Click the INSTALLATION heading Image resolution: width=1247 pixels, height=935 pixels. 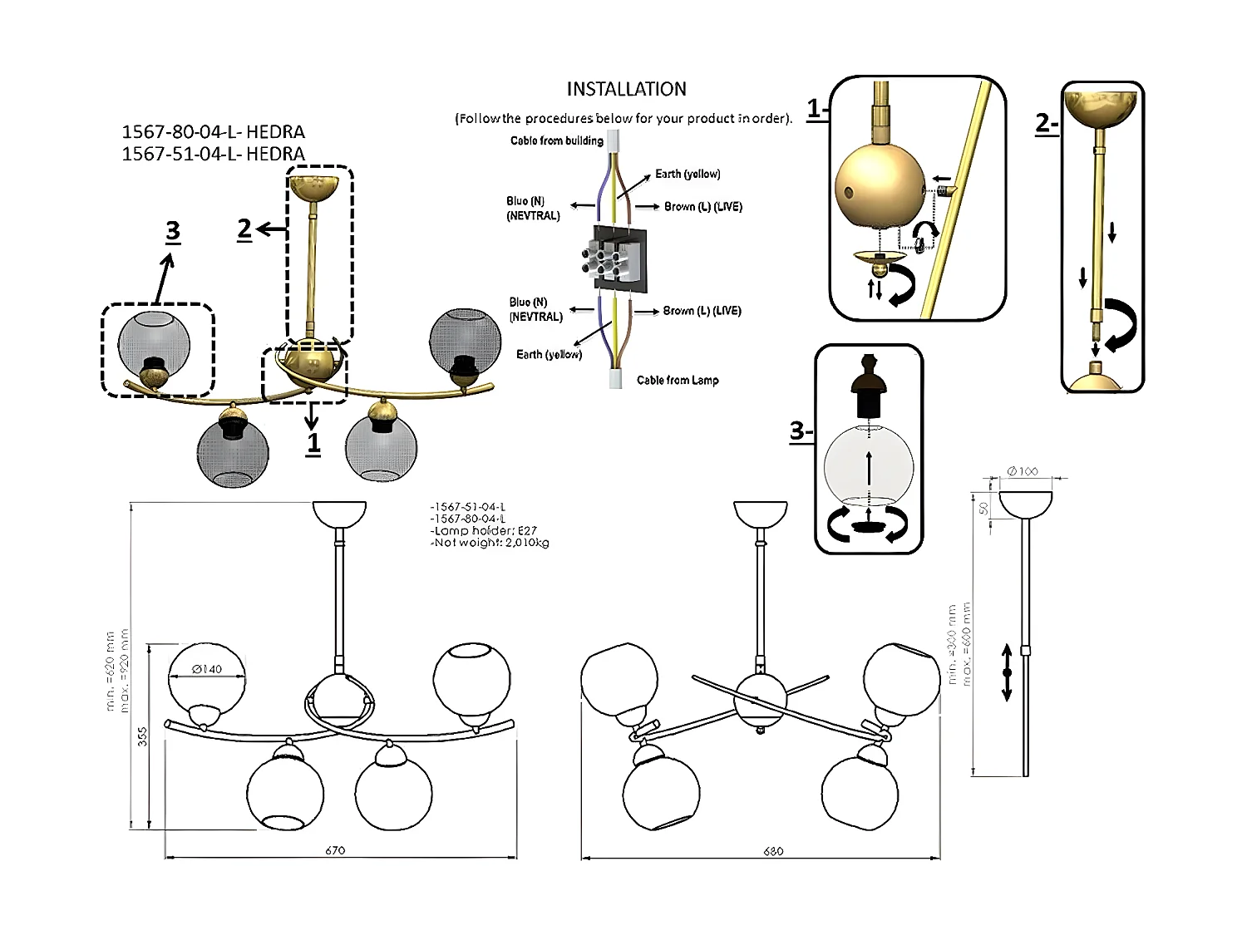pyautogui.click(x=626, y=89)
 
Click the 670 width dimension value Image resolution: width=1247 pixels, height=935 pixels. pyautogui.click(x=335, y=850)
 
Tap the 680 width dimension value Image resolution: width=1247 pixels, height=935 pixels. pyautogui.click(x=773, y=851)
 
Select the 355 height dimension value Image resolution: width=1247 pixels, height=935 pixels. pyautogui.click(x=142, y=736)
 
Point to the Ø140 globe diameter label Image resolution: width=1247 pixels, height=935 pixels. pyautogui.click(x=207, y=669)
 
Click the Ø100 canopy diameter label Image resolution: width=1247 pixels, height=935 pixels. pyautogui.click(x=1023, y=471)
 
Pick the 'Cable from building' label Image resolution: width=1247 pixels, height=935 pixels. pyautogui.click(x=557, y=140)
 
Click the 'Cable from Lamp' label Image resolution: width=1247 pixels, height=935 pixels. pyautogui.click(x=678, y=380)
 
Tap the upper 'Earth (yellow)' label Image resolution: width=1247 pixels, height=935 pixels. pyautogui.click(x=688, y=174)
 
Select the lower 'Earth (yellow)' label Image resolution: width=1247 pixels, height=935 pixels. pyautogui.click(x=549, y=354)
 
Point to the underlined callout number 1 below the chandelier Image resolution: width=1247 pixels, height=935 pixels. pyautogui.click(x=313, y=443)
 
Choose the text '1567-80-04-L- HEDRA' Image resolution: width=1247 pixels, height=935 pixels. pyautogui.click(x=214, y=131)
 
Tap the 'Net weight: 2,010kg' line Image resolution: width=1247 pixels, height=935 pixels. pyautogui.click(x=490, y=543)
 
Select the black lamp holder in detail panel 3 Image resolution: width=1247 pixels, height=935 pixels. pyautogui.click(x=869, y=386)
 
